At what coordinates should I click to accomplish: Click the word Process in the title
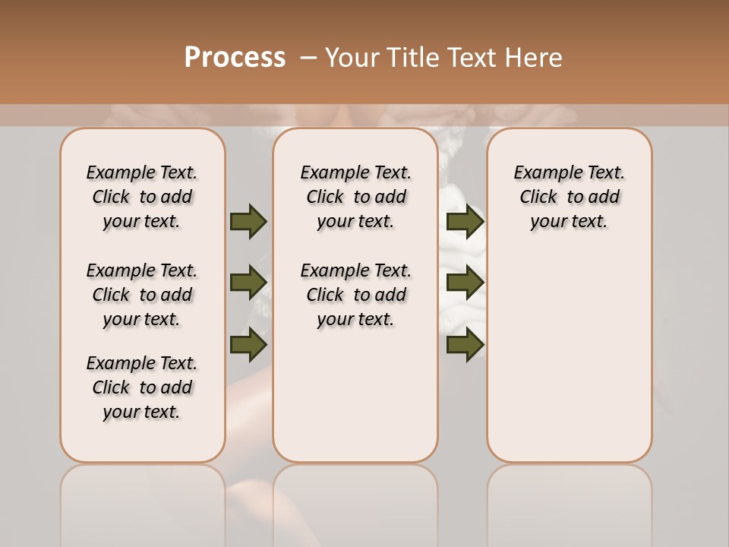pos(235,58)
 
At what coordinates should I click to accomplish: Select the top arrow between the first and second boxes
pos(248,221)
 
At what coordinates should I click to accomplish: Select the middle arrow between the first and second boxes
pos(248,283)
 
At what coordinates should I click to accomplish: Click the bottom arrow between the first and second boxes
pos(248,344)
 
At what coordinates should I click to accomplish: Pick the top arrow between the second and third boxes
pos(465,221)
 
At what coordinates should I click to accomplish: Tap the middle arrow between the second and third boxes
pos(465,283)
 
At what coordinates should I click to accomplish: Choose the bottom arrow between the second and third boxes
pos(465,344)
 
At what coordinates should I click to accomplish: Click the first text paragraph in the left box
pos(142,197)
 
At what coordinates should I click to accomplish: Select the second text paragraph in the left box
pos(142,295)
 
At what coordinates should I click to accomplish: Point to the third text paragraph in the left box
pos(142,387)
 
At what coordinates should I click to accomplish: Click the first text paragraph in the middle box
pos(355,197)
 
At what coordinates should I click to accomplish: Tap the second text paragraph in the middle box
pos(355,295)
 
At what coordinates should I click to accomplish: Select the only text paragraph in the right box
pos(569,197)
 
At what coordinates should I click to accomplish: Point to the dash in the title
pos(308,58)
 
